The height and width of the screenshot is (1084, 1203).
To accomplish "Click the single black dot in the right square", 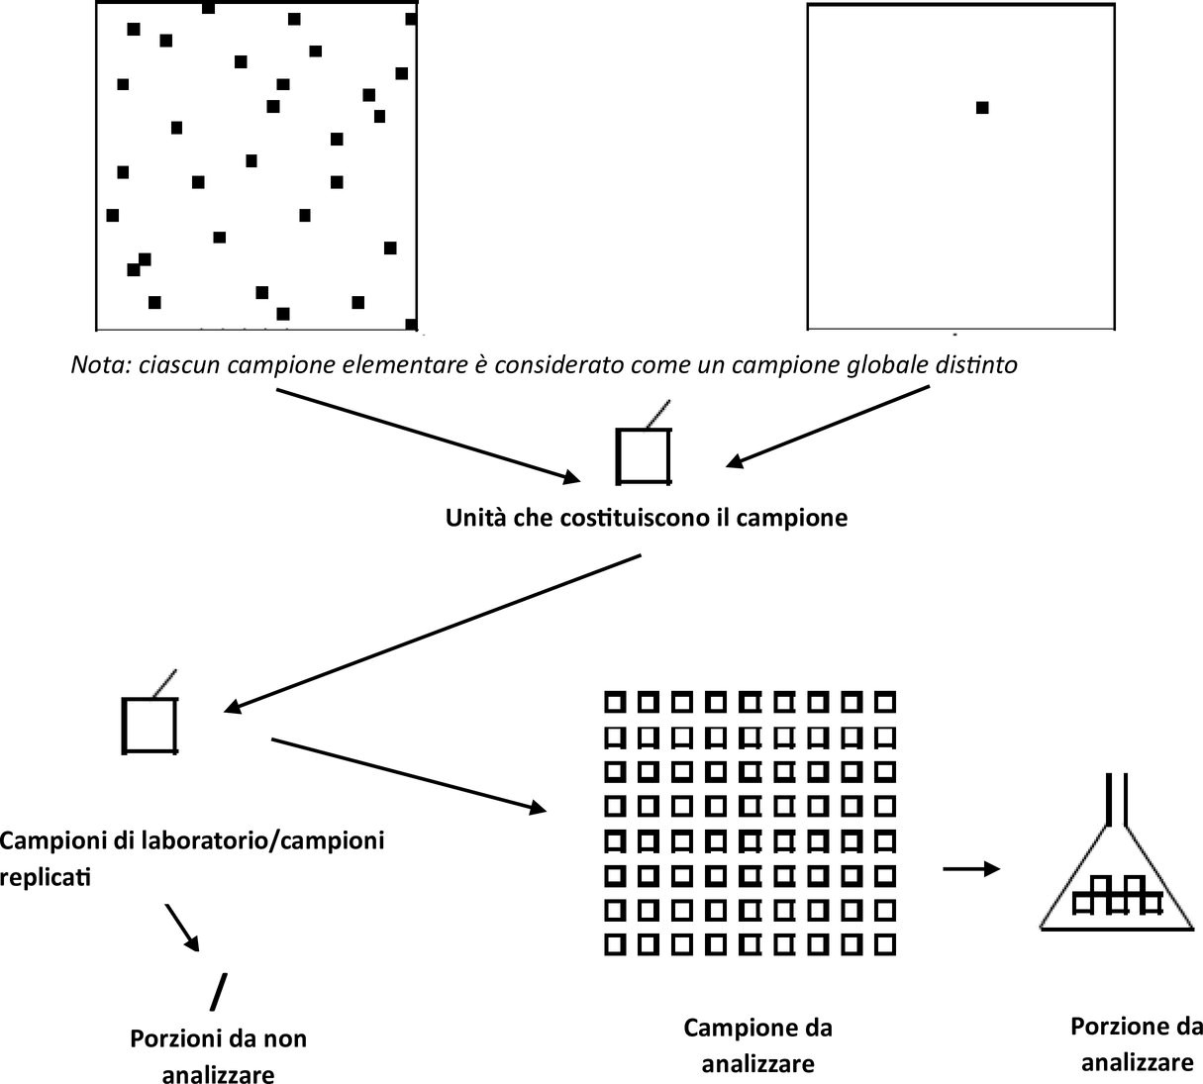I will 981,108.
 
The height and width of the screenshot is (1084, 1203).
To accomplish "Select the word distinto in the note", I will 977,364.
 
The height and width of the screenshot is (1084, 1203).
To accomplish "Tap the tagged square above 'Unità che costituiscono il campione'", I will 644,455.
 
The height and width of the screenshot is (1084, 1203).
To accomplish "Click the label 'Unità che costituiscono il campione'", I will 646,517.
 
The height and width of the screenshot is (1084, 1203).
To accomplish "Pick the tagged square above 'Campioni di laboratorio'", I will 150,725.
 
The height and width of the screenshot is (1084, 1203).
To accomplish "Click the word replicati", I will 46,876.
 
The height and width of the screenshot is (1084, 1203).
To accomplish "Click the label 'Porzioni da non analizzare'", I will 218,1055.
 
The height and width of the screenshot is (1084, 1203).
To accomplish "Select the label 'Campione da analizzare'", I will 757,1045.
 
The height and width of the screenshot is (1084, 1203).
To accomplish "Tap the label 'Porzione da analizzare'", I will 1137,1043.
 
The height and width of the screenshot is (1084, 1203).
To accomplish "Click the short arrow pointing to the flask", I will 970,869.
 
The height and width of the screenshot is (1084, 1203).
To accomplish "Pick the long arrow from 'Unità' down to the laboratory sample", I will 434,632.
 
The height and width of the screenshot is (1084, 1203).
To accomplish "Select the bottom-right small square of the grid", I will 884,943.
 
